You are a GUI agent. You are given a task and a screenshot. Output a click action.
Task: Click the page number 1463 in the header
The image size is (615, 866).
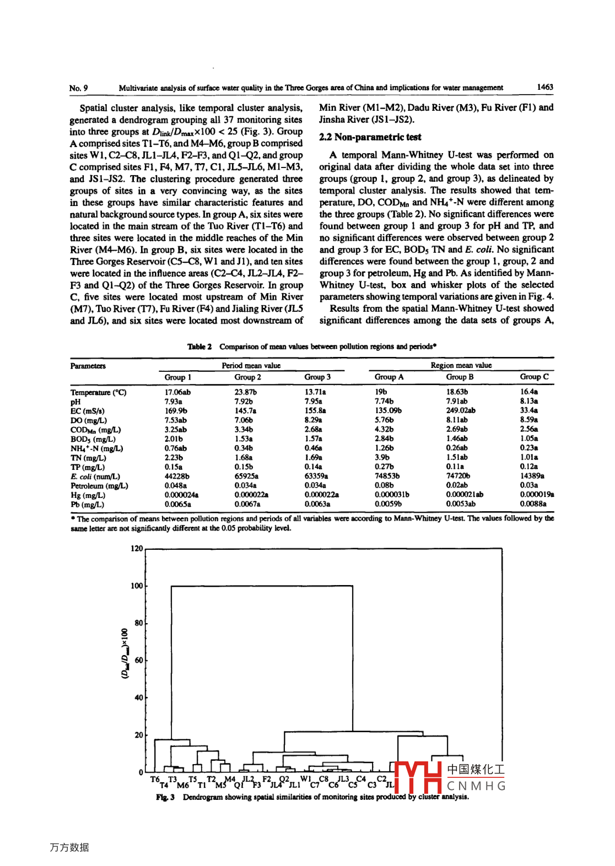(544, 87)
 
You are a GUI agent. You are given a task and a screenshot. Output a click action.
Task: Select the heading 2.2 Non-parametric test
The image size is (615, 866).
(370, 137)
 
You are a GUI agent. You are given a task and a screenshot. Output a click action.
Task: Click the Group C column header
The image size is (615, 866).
(534, 377)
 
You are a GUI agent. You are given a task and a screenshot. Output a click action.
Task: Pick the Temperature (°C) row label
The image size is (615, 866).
(98, 392)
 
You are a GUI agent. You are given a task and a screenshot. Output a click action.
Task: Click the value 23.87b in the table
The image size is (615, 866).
(245, 392)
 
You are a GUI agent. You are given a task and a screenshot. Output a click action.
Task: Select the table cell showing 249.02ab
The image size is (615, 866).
(461, 410)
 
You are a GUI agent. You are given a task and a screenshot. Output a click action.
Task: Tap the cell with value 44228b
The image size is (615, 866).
(177, 476)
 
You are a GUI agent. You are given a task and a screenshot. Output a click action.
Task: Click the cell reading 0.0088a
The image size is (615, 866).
(533, 504)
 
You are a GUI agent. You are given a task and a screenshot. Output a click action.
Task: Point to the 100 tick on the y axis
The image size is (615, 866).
(137, 586)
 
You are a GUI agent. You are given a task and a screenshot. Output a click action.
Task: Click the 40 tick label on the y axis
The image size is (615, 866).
(138, 697)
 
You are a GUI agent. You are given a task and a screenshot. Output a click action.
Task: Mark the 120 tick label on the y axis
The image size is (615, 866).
(137, 549)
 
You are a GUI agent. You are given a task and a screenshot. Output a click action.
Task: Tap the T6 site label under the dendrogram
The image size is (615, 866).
(155, 780)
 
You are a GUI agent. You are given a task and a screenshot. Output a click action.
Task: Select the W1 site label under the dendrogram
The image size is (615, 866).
(305, 780)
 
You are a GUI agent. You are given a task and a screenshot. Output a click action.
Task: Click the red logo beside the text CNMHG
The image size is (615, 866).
(418, 776)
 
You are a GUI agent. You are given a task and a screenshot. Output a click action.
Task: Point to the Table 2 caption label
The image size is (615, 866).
(199, 347)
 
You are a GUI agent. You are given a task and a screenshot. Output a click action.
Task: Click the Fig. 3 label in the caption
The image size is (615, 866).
(165, 797)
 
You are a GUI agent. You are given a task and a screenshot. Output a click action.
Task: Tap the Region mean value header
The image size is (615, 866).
(461, 365)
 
